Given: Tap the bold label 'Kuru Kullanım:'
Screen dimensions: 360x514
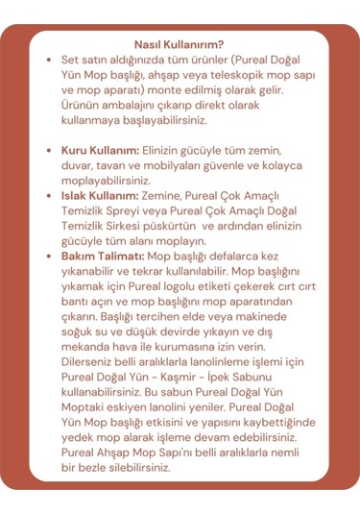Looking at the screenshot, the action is click(x=100, y=152).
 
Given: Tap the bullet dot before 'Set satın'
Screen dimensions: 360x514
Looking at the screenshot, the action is click(x=49, y=60).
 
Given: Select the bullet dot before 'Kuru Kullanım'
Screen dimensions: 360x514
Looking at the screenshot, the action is click(x=49, y=152).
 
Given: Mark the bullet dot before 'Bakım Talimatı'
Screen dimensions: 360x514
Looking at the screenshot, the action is click(x=49, y=257).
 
